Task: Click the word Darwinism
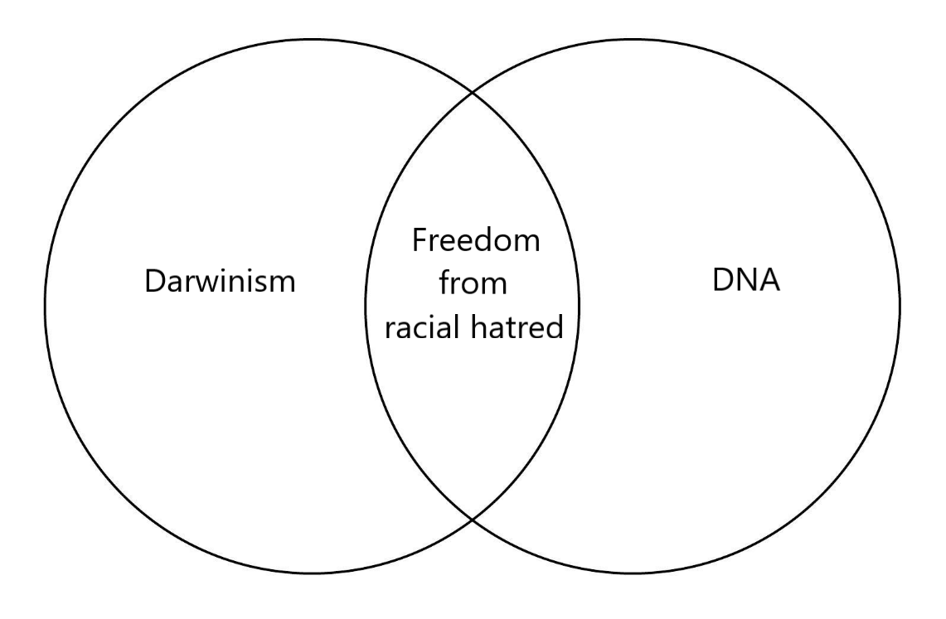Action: point(221,281)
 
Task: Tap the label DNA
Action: point(746,279)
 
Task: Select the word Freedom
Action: point(476,239)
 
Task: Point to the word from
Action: point(473,283)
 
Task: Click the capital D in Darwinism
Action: point(155,281)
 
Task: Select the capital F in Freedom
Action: point(420,239)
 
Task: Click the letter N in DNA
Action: point(747,279)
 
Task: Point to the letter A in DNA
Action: point(770,279)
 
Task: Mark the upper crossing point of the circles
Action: point(473,94)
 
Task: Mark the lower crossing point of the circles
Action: point(473,518)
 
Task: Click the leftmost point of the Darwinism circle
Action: point(46,306)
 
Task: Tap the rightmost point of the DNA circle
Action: point(900,306)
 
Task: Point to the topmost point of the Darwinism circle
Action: point(313,40)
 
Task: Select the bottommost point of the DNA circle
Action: point(633,573)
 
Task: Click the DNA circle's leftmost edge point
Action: point(366,306)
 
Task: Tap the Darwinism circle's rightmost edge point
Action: point(580,306)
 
